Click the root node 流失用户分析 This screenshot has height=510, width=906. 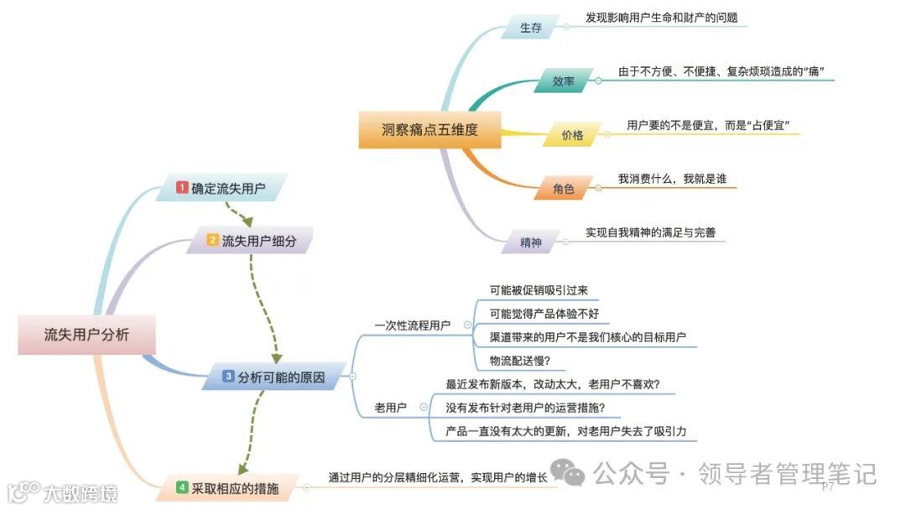pos(87,335)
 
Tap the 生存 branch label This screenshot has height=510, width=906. pos(530,28)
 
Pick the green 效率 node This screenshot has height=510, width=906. pos(563,81)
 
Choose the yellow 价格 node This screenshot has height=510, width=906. pos(572,134)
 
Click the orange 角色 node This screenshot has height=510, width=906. pos(564,190)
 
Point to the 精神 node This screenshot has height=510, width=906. pos(531,243)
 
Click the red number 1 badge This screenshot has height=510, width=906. pos(182,188)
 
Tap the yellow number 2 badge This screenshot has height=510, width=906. pos(213,241)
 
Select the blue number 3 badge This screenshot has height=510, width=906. pos(227,377)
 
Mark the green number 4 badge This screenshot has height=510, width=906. pos(182,487)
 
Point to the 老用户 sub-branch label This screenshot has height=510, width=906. pos(390,408)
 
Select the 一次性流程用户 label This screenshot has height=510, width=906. pos(412,325)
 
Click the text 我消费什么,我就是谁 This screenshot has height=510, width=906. pos(678,179)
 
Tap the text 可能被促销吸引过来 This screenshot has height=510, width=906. pos(539,290)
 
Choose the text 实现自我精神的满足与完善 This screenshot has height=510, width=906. pos(650,232)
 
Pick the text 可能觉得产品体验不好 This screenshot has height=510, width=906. pos(544,314)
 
